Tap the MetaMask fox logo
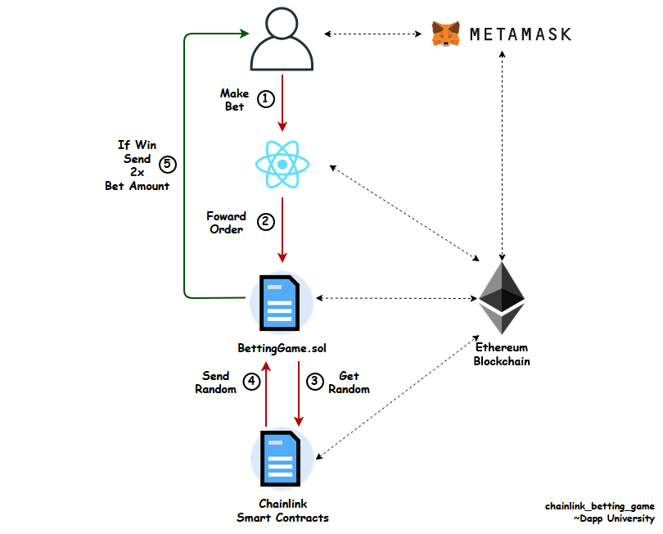point(445,34)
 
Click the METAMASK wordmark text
point(521,34)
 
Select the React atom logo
point(282,164)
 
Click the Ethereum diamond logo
point(502,298)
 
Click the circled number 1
point(265,99)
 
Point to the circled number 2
point(266,222)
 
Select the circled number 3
point(314,382)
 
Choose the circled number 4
point(251,382)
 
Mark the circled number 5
point(168,164)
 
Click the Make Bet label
point(235,100)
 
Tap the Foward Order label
point(226,223)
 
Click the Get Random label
point(350,382)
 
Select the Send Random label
point(215,382)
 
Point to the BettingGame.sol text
point(282,348)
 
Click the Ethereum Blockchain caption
point(502,354)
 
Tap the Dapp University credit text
point(614,518)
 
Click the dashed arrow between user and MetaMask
point(373,34)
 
